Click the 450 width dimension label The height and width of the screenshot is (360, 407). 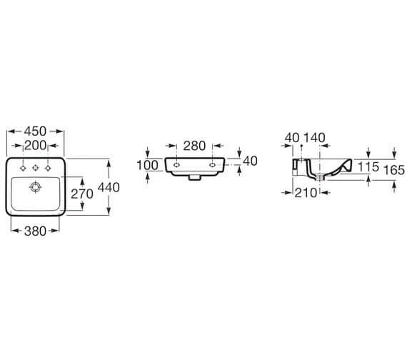(x=35, y=131)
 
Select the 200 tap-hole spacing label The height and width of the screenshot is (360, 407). (x=35, y=146)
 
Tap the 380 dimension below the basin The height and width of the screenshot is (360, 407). (x=35, y=231)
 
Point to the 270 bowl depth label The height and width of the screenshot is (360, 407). (x=82, y=194)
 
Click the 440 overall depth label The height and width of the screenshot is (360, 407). (x=109, y=187)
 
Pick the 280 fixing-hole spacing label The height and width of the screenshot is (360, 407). (x=194, y=146)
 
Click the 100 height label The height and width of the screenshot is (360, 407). (x=147, y=165)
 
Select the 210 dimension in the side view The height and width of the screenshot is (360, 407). (x=306, y=193)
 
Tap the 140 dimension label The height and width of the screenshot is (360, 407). (x=314, y=138)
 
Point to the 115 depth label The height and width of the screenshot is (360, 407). (x=368, y=166)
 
